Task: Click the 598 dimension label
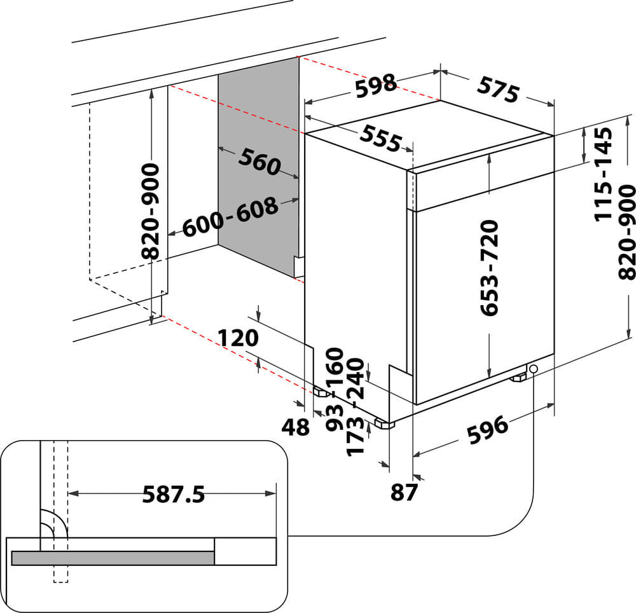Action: click(375, 85)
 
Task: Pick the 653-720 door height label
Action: click(489, 268)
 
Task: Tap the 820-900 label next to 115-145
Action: click(626, 232)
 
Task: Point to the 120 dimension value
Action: click(238, 338)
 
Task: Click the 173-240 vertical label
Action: click(356, 408)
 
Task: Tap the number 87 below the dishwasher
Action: click(403, 492)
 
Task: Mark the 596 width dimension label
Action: click(488, 430)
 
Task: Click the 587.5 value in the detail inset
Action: click(173, 493)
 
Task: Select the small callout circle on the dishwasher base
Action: click(533, 369)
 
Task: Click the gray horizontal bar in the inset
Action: click(113, 558)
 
